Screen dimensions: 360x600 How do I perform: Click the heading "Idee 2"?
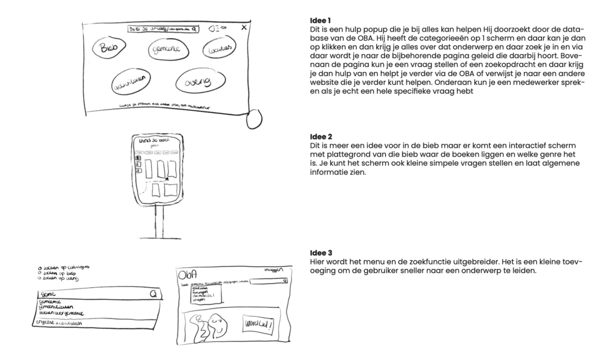click(320, 137)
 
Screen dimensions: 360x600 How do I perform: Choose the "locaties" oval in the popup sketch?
click(220, 47)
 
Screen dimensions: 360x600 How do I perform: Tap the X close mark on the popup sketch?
click(244, 27)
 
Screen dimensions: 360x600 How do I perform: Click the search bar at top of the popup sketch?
click(163, 28)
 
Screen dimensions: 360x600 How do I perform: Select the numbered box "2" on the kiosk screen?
click(138, 165)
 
